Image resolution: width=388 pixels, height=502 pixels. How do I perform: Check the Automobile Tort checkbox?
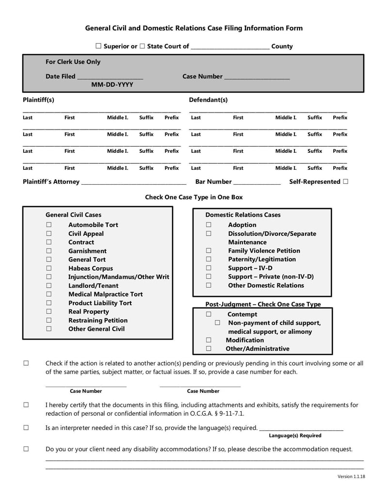[48, 225]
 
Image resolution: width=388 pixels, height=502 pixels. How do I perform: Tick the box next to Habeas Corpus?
[48, 268]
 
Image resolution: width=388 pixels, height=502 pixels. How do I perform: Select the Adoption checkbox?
[209, 225]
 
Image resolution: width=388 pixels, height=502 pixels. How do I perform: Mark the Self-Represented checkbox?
[345, 182]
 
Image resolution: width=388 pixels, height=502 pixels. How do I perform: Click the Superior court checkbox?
[98, 47]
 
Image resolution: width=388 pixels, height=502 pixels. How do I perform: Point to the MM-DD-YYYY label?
[112, 85]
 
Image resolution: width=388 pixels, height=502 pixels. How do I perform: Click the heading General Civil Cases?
[73, 214]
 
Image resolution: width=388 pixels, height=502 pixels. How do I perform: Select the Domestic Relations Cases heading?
[242, 214]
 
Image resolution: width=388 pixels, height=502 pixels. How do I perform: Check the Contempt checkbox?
[209, 314]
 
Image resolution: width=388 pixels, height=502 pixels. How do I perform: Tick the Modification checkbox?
[209, 340]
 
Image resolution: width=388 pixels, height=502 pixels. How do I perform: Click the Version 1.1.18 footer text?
[351, 477]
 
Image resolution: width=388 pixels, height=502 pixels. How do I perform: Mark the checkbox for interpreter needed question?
[26, 428]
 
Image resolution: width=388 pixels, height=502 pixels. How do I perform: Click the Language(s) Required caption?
[295, 436]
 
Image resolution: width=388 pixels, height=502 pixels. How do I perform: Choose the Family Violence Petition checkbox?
[209, 251]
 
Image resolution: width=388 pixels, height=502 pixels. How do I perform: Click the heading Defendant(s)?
[208, 100]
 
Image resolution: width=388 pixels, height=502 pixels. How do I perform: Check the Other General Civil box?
[48, 329]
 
